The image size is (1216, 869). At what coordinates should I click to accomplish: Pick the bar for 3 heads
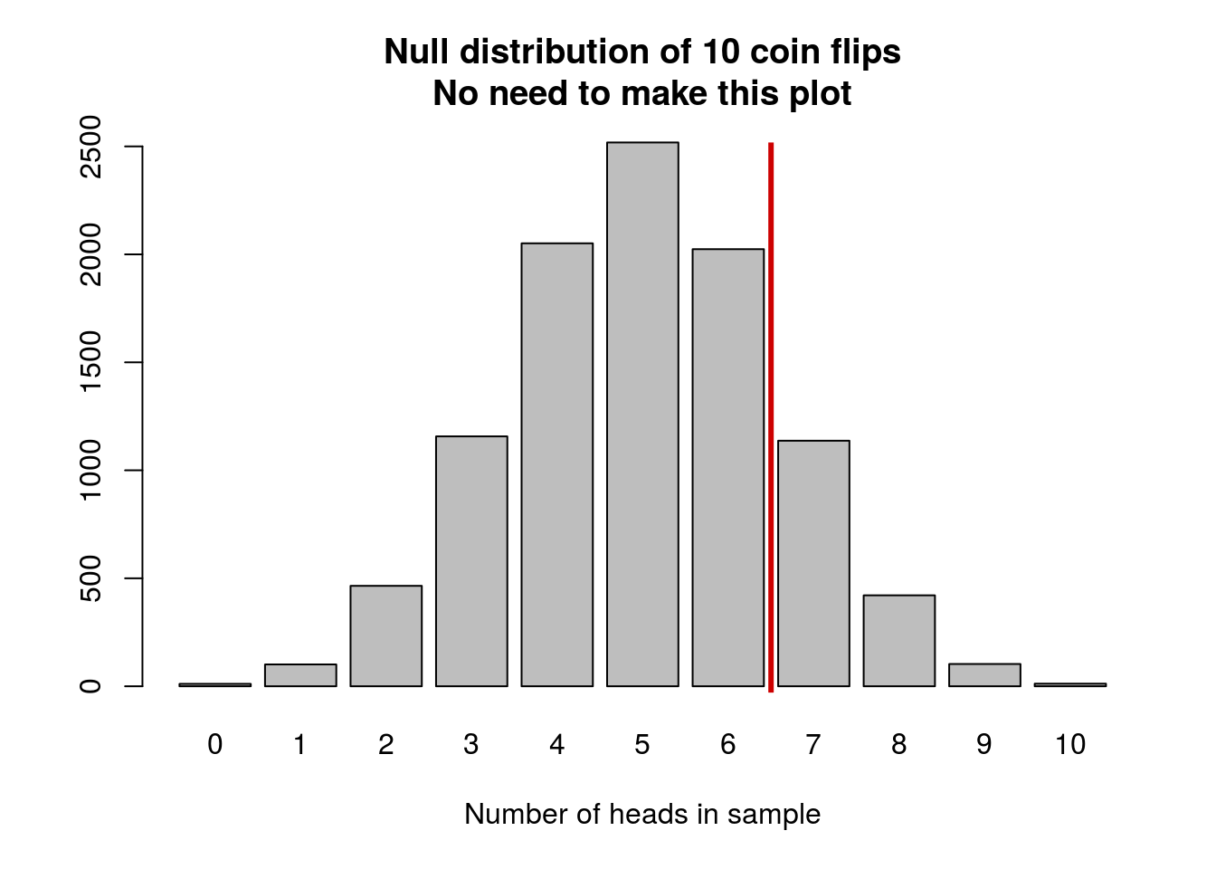pos(471,561)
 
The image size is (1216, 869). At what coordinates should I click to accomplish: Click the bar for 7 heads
pos(813,563)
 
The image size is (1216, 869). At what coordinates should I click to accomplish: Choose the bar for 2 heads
pos(385,635)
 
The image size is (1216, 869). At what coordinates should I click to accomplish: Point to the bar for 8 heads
pos(898,640)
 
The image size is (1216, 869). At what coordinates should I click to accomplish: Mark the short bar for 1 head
pos(300,675)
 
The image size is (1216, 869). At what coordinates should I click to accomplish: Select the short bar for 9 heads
pos(984,675)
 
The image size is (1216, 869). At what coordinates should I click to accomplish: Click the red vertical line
pos(771,416)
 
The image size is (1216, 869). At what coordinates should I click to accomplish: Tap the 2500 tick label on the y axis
pos(90,147)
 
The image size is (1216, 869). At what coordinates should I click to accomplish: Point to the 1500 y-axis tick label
pos(90,362)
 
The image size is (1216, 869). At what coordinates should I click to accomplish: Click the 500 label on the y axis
pos(90,578)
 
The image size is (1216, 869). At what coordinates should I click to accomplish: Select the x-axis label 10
pos(1069,744)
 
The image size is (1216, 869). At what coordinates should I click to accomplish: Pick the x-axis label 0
pos(214,744)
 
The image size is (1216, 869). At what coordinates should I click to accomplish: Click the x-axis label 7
pos(813,744)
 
